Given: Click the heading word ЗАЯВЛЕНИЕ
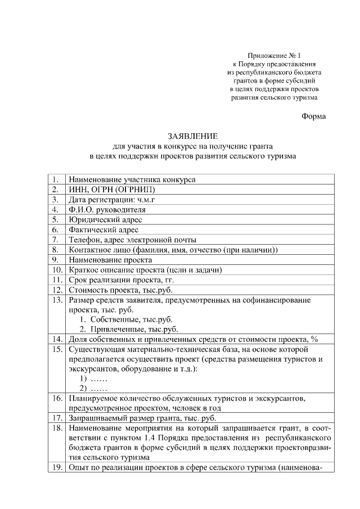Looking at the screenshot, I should [x=192, y=136].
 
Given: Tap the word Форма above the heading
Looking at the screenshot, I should [x=313, y=116].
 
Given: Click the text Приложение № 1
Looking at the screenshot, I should [x=274, y=56].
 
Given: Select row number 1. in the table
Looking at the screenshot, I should [x=56, y=179].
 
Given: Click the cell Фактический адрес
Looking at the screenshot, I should [x=103, y=230].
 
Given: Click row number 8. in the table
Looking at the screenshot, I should [x=56, y=250].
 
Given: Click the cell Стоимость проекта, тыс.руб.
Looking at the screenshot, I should [x=120, y=290].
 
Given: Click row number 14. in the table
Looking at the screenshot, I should [x=56, y=339].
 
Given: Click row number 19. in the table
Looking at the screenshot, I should [x=56, y=468].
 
